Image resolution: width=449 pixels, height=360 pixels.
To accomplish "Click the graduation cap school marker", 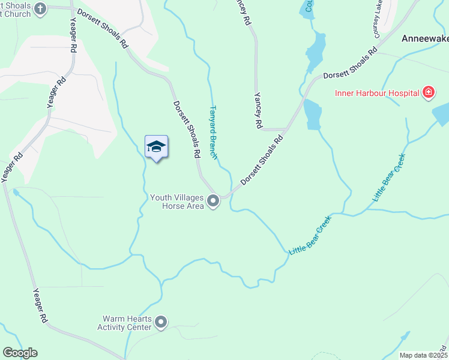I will [156, 147].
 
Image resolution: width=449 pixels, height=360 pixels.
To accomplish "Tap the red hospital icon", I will [428, 92].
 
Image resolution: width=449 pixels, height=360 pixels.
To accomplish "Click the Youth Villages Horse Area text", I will [176, 202].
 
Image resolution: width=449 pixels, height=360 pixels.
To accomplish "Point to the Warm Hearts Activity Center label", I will [126, 323].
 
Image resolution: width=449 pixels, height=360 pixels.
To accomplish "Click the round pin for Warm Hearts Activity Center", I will [161, 323].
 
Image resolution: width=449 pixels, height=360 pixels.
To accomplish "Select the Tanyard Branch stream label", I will [212, 133].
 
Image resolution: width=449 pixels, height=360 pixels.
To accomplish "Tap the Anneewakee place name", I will [424, 37].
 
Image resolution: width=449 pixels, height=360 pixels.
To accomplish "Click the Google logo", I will [20, 353].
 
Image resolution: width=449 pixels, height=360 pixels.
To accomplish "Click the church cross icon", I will [40, 8].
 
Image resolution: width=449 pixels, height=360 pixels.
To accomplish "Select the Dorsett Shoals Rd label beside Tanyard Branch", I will [187, 128].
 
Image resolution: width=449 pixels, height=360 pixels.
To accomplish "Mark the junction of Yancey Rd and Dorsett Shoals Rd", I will [285, 129].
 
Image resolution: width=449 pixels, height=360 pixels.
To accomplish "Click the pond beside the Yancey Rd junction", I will [312, 115].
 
